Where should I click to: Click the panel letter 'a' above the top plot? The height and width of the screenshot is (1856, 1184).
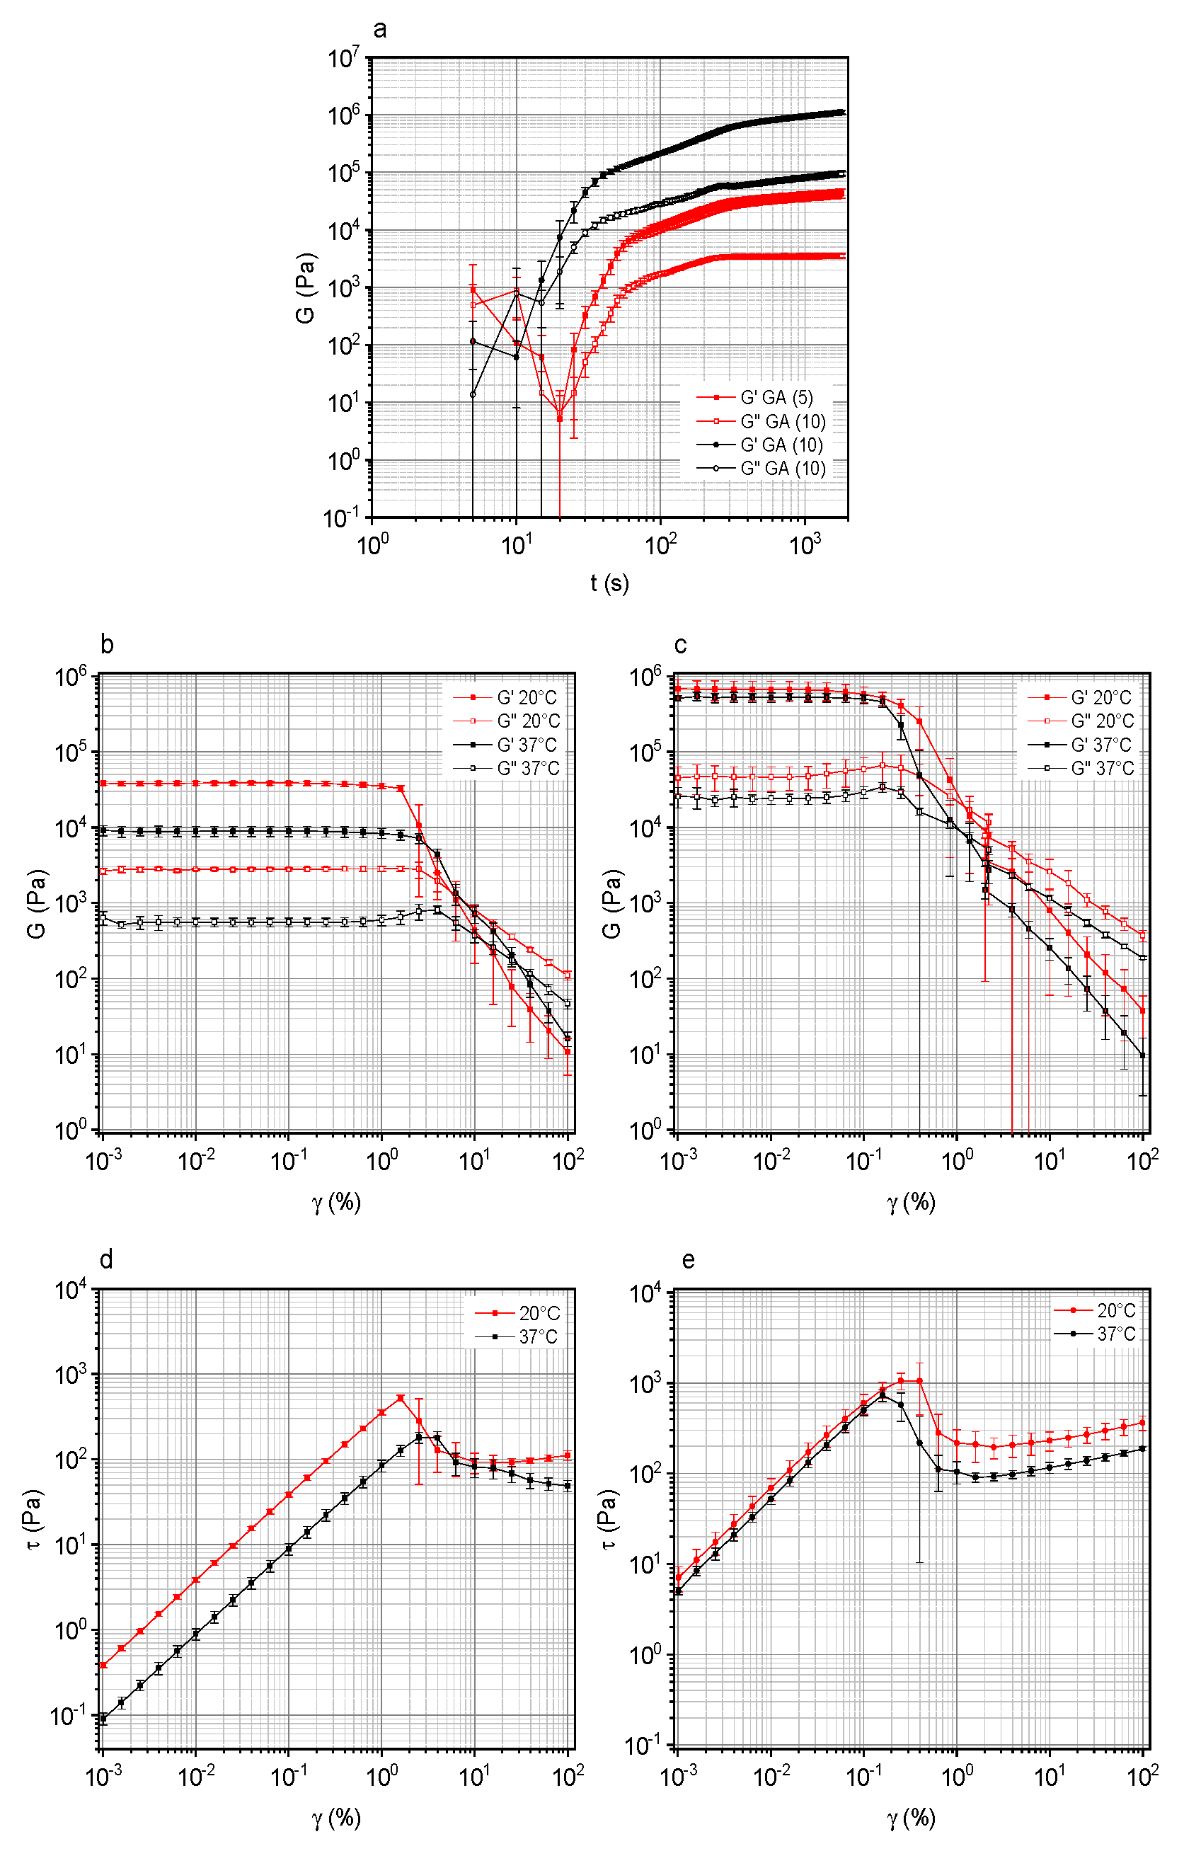click(x=379, y=30)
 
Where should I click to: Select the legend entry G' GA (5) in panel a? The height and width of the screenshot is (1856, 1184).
click(x=776, y=398)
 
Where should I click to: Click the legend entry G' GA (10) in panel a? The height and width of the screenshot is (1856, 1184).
click(x=781, y=445)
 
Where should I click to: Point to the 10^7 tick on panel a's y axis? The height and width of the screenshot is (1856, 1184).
click(x=344, y=59)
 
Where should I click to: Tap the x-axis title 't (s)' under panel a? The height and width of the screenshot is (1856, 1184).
click(x=609, y=583)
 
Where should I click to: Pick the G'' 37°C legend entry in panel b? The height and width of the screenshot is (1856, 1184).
click(x=527, y=769)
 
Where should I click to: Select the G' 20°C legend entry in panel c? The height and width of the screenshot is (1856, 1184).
click(x=1100, y=697)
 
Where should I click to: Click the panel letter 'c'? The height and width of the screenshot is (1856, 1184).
click(x=680, y=645)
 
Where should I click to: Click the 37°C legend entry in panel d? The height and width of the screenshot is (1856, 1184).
click(x=537, y=1337)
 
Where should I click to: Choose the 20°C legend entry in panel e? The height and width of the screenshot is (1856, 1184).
click(x=1115, y=1310)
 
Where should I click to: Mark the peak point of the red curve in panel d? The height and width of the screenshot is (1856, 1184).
click(x=400, y=1397)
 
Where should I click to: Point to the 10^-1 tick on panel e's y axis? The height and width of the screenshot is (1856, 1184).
click(x=646, y=1745)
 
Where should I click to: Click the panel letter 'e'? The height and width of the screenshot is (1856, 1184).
click(x=689, y=1260)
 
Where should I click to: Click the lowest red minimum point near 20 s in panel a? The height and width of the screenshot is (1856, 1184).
click(x=560, y=419)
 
